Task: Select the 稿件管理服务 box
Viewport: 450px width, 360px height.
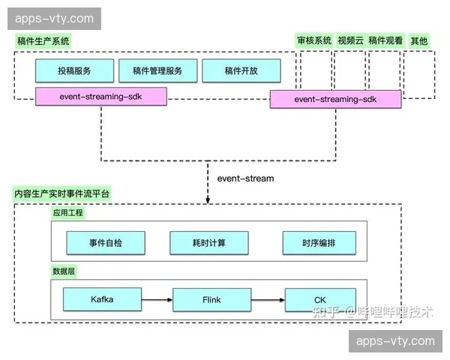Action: point(157,70)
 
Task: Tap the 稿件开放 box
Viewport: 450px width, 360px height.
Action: point(241,70)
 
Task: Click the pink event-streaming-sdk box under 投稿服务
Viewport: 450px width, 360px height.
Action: point(100,96)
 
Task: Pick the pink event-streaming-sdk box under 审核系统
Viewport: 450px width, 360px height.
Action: point(334,99)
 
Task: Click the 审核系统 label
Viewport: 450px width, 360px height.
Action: point(313,41)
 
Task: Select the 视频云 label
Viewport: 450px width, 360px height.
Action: point(350,41)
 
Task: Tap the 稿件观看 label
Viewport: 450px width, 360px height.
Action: point(385,41)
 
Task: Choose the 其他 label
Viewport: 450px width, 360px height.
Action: point(418,41)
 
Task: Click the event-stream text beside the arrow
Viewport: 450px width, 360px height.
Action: point(245,178)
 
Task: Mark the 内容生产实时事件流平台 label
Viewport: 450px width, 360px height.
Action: point(62,194)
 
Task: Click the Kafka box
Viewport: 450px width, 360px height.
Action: point(101,299)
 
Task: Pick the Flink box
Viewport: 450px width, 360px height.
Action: point(211,299)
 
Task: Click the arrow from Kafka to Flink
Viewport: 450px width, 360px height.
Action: point(157,300)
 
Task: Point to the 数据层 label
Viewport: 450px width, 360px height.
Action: point(64,270)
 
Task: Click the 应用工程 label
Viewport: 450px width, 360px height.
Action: point(68,213)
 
